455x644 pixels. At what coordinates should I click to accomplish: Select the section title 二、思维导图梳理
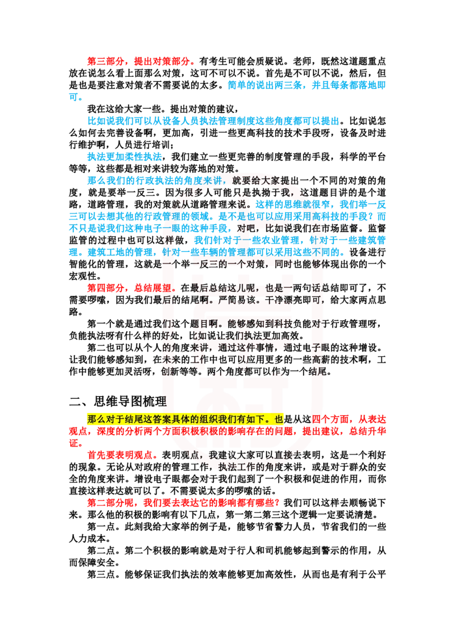tap(118, 401)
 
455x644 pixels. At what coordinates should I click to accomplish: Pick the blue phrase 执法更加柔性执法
tap(125, 157)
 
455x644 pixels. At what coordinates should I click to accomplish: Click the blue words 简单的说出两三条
tap(264, 85)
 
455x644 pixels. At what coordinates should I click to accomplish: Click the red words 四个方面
tap(330, 419)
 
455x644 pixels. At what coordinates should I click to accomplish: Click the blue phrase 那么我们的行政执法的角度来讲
tap(155, 181)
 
